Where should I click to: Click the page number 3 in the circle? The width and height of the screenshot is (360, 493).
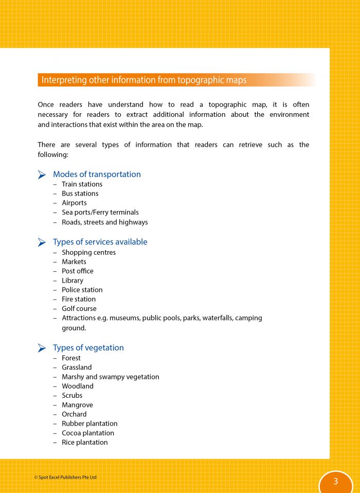335,482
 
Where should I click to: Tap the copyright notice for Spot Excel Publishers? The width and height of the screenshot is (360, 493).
65,478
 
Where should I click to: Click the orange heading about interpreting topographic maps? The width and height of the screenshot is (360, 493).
144,80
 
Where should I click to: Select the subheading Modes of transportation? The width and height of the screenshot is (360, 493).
97,174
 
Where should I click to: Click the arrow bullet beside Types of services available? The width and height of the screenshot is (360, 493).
42,242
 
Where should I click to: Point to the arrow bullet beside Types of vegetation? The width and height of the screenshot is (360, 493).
42,348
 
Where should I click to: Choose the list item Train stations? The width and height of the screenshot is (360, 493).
82,184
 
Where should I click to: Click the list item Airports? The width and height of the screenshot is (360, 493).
74,203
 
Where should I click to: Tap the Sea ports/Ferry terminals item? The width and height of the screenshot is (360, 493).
100,212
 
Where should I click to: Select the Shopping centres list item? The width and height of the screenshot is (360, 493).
88,253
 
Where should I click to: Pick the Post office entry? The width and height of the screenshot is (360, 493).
77,271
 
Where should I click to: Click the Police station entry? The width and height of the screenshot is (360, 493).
82,290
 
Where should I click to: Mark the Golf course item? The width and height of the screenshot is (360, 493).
79,309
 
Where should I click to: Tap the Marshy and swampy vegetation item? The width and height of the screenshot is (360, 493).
110,377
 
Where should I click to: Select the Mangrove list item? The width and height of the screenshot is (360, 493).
77,405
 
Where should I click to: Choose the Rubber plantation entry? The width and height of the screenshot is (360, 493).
89,424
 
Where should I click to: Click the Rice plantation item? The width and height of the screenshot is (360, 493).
84,442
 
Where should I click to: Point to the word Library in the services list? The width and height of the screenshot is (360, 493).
72,280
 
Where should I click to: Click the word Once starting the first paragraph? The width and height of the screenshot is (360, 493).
46,104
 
